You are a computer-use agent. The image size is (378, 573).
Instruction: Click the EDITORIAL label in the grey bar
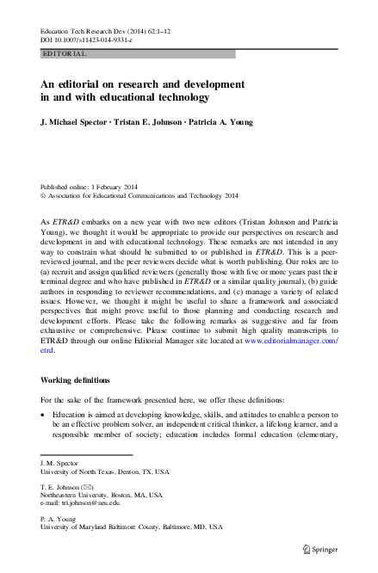point(65,53)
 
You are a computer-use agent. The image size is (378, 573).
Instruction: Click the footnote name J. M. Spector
point(59,463)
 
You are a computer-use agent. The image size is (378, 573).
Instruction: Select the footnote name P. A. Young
point(58,517)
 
